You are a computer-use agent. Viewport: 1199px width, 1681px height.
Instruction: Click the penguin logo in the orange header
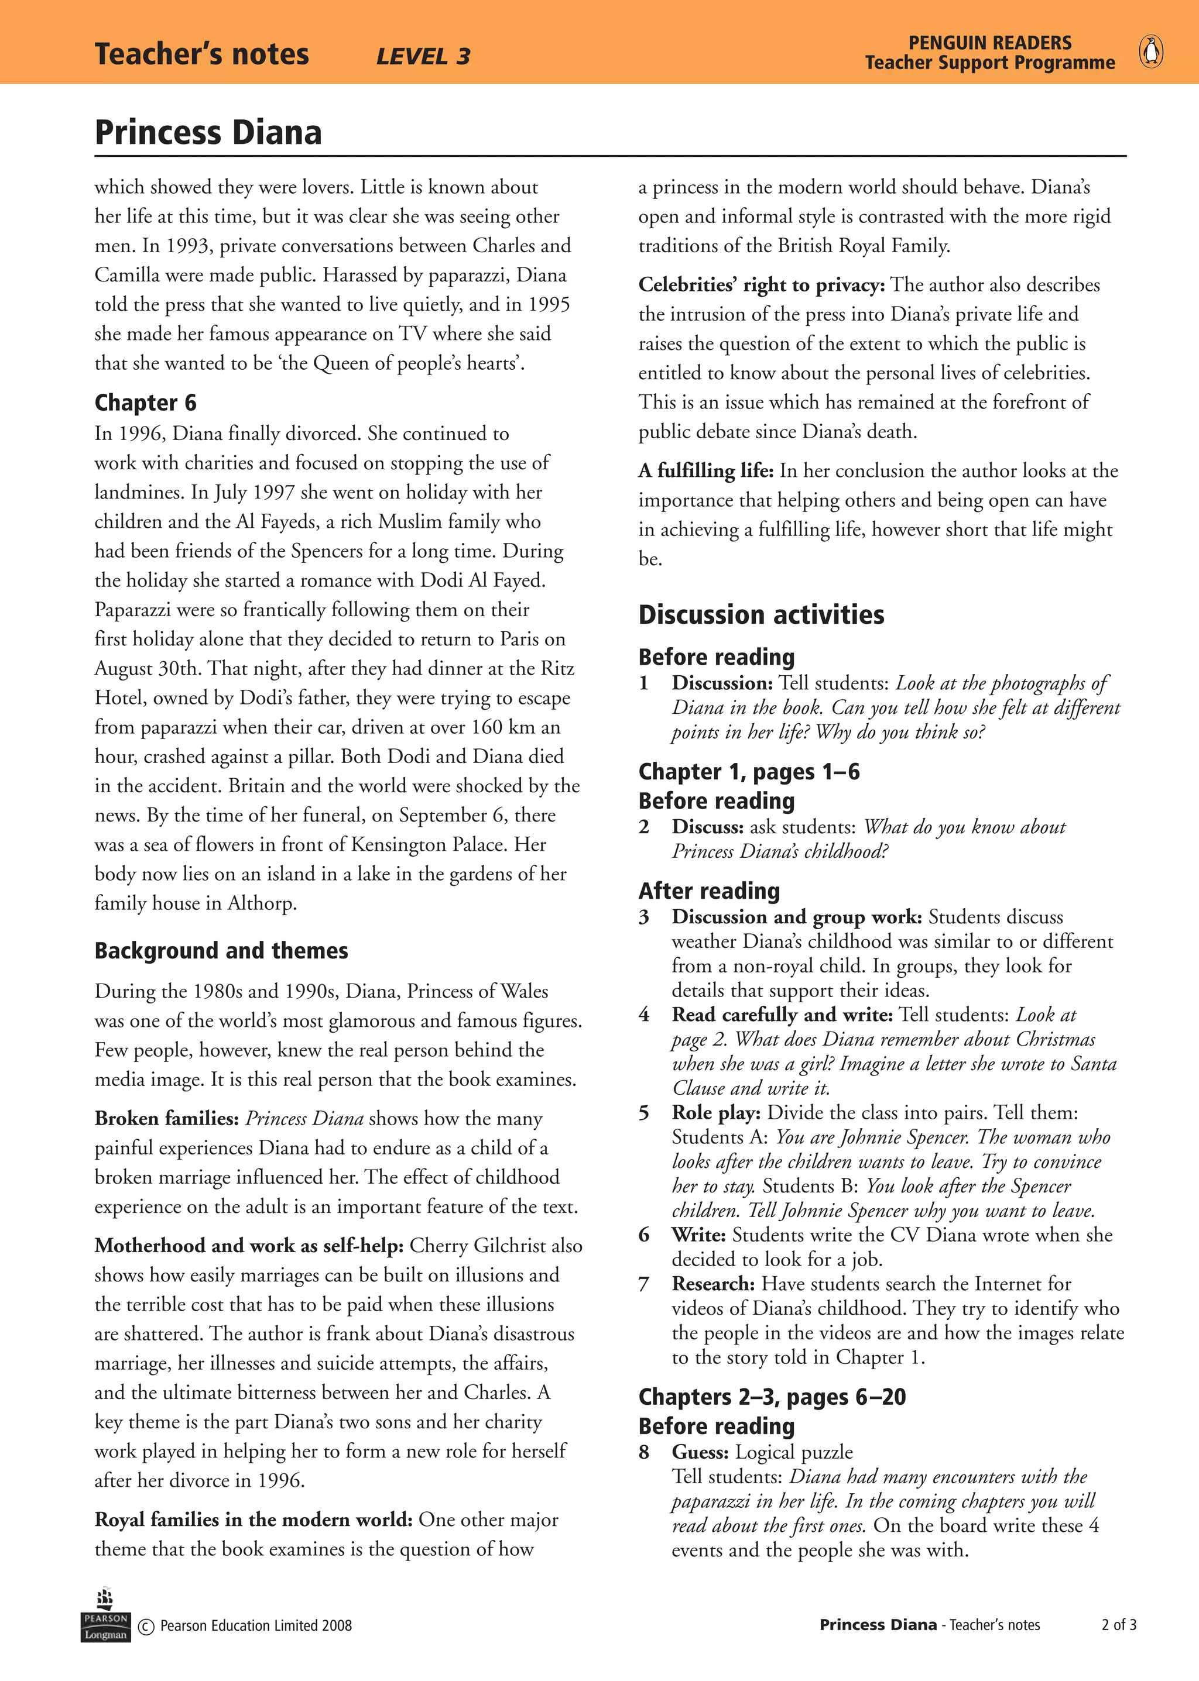click(x=1151, y=53)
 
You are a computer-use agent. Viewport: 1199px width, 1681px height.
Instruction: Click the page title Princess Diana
click(x=208, y=133)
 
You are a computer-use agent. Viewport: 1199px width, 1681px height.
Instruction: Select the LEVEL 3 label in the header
click(x=423, y=57)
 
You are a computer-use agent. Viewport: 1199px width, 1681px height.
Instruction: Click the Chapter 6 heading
click(x=145, y=403)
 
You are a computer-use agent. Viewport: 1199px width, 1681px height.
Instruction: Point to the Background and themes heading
click(x=221, y=950)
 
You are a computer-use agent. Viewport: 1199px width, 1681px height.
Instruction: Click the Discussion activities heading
click(x=761, y=615)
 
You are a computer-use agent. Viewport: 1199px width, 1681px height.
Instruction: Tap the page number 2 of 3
click(x=1119, y=1624)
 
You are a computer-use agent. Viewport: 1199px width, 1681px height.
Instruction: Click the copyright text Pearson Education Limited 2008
click(x=255, y=1625)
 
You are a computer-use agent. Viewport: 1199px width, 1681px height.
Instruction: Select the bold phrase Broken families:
click(x=166, y=1119)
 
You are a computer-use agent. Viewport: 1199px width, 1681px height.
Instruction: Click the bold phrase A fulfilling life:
click(x=706, y=471)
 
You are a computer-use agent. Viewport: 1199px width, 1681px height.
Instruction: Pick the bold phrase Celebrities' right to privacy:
click(x=761, y=285)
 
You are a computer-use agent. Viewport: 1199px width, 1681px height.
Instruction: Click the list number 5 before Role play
click(x=644, y=1113)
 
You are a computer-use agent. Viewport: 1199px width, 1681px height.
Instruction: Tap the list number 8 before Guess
click(x=644, y=1452)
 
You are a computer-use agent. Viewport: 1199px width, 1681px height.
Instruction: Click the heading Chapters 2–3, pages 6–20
click(x=772, y=1397)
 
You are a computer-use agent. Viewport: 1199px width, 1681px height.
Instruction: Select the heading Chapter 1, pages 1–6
click(x=749, y=772)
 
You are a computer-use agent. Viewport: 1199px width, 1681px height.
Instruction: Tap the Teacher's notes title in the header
click(x=201, y=54)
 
